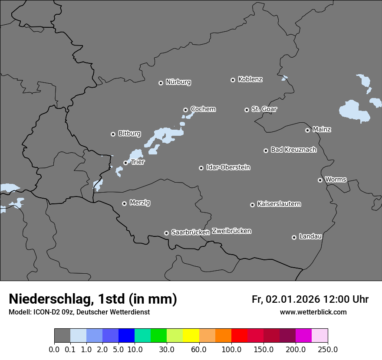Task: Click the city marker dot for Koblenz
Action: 233,80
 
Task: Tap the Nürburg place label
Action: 178,82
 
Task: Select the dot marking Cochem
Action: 185,110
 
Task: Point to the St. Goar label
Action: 264,109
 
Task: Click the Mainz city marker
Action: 307,130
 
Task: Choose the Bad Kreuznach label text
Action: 293,150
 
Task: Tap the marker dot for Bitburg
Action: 113,134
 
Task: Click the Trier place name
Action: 138,162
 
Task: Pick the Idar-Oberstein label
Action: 228,167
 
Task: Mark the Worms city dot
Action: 320,180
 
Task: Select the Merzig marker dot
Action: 124,203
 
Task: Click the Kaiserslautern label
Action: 279,204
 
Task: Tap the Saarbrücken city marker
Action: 166,233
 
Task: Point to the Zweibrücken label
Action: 231,231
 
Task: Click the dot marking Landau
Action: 294,237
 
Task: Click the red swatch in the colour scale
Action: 239,336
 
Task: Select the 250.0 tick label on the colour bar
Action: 328,349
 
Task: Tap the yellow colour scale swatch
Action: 191,336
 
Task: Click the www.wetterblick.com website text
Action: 313,312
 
